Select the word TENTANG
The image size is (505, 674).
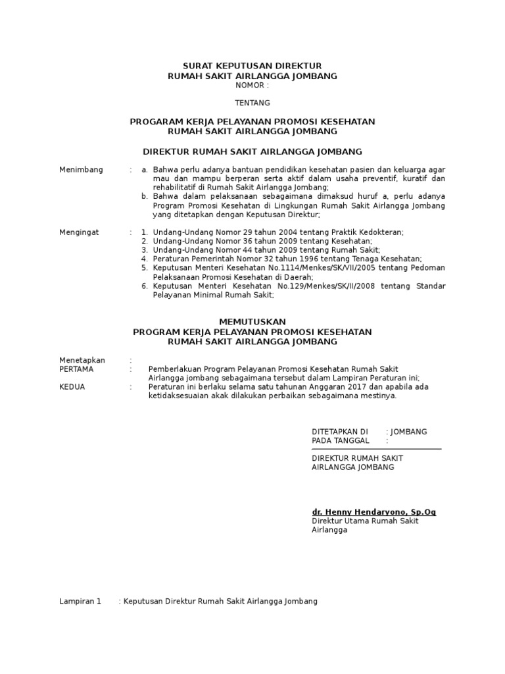(252, 103)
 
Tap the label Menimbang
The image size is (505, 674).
(81, 170)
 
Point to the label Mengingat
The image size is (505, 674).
(80, 232)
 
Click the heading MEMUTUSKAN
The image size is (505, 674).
(252, 322)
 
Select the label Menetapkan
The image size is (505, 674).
(82, 360)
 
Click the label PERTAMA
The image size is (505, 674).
(76, 369)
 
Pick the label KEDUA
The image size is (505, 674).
(72, 387)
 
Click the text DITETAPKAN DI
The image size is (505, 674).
(335, 432)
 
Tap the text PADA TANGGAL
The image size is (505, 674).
(340, 440)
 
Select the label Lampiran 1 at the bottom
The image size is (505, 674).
(80, 602)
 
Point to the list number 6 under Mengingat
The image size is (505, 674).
(144, 286)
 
